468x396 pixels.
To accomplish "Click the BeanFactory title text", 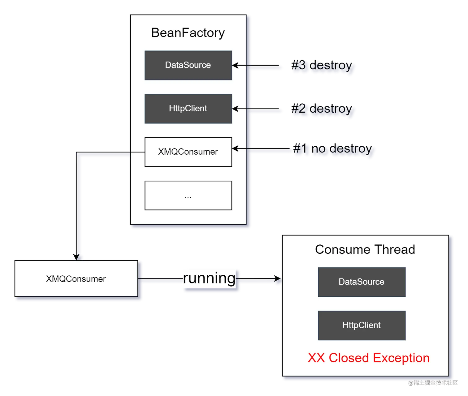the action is tap(188, 33).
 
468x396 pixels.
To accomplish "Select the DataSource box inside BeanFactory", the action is tap(188, 65).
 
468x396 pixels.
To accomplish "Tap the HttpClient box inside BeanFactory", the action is tap(188, 109).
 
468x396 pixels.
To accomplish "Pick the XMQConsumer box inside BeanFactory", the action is tap(188, 152).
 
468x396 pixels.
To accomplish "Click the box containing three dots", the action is tap(188, 196).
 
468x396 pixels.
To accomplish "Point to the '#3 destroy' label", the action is tap(322, 65).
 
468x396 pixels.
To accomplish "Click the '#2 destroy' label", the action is tap(322, 109).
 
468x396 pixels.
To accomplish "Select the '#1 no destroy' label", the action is tap(332, 148).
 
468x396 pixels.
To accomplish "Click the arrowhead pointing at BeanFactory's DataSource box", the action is tap(236, 65).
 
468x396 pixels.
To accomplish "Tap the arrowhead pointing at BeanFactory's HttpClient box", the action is tap(236, 109).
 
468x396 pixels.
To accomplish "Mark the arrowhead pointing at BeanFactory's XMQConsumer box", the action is tap(236, 148).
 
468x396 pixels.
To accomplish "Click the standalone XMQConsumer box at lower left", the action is tap(76, 278).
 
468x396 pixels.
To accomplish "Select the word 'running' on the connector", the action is tap(209, 278).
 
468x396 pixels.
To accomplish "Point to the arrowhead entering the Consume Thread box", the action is tap(277, 278).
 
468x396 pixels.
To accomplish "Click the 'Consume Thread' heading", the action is tap(365, 250).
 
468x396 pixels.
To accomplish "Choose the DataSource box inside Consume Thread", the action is tap(362, 282).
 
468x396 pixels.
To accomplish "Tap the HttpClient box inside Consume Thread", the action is tap(362, 325).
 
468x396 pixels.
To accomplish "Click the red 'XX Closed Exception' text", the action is tap(369, 358).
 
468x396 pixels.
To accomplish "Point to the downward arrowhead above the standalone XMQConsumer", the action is tap(76, 257).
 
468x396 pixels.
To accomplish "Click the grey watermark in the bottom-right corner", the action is tap(433, 383).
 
